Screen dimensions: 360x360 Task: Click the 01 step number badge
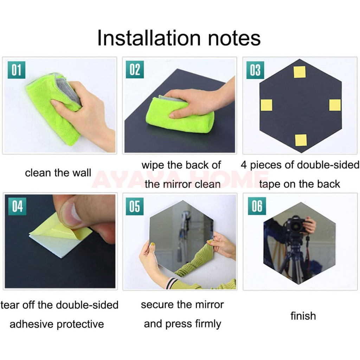(16, 70)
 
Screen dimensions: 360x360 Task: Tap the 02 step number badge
(135, 70)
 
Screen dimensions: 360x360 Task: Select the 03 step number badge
(255, 70)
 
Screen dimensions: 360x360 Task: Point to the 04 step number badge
(17, 206)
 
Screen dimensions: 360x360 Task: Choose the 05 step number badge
(135, 206)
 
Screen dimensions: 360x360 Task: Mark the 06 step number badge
(257, 206)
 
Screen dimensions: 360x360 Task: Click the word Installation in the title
(149, 38)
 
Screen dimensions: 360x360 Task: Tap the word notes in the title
(234, 38)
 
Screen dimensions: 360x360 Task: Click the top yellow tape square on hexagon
(300, 72)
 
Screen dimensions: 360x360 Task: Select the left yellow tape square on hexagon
(266, 105)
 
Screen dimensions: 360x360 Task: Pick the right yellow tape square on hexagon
(335, 105)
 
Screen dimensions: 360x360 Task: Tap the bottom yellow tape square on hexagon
(301, 140)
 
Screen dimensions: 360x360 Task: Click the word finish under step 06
(303, 316)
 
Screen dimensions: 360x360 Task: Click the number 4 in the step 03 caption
(244, 165)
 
